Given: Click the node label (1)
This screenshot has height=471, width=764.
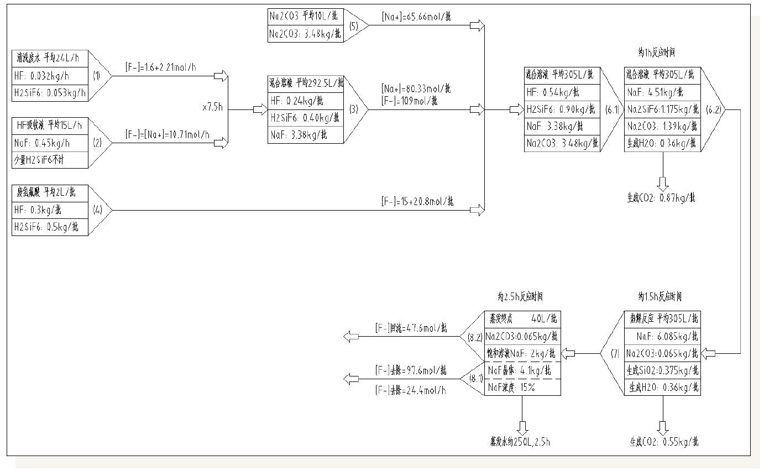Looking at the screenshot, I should pyautogui.click(x=96, y=76).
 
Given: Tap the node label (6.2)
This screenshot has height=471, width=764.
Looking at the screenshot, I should pyautogui.click(x=713, y=109).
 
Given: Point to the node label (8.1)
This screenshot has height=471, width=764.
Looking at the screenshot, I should pyautogui.click(x=476, y=379).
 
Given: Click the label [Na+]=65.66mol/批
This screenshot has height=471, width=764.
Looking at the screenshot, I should pyautogui.click(x=416, y=17).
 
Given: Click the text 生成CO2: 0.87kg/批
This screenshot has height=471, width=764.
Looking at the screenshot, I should pyautogui.click(x=663, y=197).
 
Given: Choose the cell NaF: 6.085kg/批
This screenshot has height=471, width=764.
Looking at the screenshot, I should pyautogui.click(x=662, y=336).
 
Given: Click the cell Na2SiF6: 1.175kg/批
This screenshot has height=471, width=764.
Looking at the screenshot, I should pyautogui.click(x=662, y=109).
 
